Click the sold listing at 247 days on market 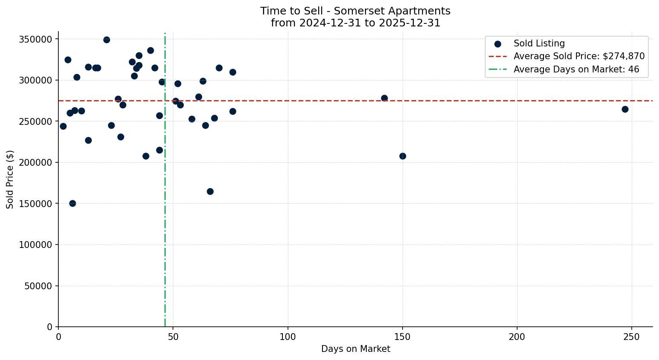(625, 109)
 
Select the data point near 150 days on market (403, 156)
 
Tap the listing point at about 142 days (384, 98)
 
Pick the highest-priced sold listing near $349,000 (106, 40)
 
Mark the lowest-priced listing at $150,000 (72, 203)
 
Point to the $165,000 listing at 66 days (210, 191)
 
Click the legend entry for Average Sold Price (579, 56)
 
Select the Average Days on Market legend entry (576, 69)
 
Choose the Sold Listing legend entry (539, 43)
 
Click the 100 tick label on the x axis (288, 337)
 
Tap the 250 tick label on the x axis (632, 337)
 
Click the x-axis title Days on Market (355, 349)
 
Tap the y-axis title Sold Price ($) (10, 179)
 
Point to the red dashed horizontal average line (298, 101)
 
